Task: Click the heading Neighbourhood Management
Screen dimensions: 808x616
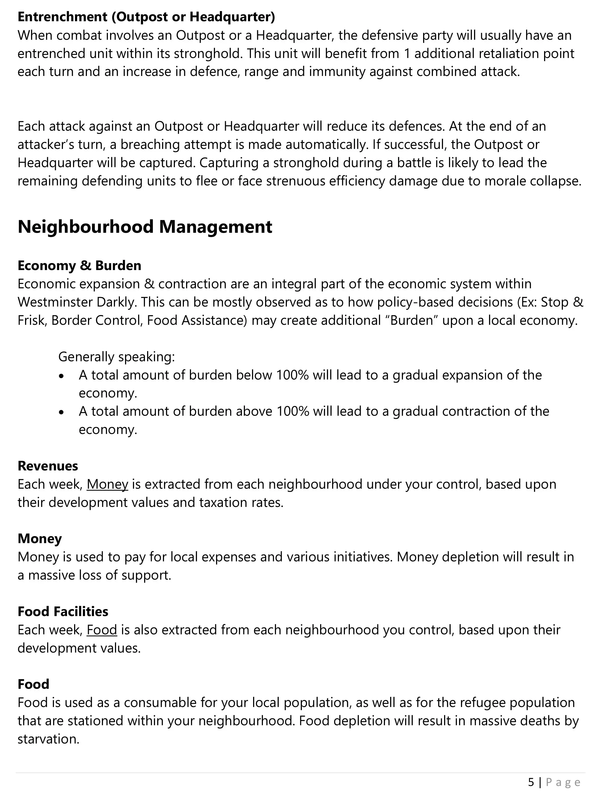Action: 145,227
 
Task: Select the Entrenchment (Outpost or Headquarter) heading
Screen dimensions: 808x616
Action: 146,17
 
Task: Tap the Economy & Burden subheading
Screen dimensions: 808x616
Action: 79,266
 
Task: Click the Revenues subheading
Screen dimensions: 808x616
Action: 48,466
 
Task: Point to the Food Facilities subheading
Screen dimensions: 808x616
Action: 63,612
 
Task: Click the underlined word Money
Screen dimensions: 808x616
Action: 107,484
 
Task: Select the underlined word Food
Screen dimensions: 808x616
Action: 102,630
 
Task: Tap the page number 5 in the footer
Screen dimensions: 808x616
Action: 531,782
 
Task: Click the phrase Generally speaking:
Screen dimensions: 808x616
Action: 117,357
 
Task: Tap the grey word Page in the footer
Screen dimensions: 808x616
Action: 563,782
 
